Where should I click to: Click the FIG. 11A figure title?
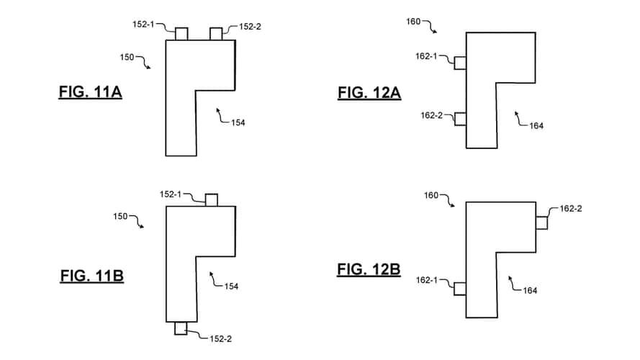pos(89,92)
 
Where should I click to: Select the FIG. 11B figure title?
pos(91,276)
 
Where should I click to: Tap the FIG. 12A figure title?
pos(369,92)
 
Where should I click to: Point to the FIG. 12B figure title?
pos(369,270)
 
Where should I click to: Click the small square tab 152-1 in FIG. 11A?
pos(181,34)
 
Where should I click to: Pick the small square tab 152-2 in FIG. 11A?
pos(216,34)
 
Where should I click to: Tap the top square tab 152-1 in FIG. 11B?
pos(212,200)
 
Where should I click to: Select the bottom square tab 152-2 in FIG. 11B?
pos(181,328)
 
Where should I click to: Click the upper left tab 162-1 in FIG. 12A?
pos(460,63)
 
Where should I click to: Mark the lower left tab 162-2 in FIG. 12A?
pos(460,119)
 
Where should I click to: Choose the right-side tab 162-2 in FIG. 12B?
pos(541,223)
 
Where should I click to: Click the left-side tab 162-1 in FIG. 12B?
pos(460,289)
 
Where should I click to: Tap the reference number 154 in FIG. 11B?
pos(231,286)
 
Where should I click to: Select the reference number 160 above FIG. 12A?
pos(414,22)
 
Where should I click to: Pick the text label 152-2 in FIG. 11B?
pos(220,338)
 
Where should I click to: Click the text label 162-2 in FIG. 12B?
pos(571,210)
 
